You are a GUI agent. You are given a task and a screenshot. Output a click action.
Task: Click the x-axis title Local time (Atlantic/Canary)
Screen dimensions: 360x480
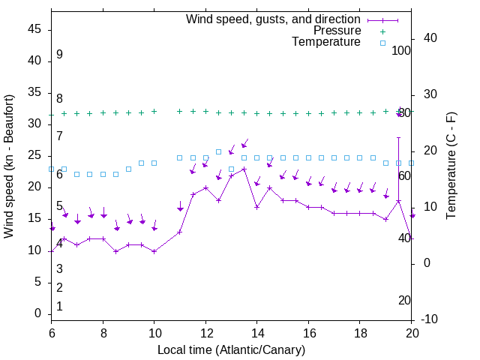231,349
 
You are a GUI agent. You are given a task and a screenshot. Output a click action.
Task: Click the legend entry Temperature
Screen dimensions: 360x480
326,43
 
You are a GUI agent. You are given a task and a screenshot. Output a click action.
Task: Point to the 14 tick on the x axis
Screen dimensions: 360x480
257,332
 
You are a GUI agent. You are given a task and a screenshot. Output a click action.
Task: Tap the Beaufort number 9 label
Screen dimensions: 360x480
59,55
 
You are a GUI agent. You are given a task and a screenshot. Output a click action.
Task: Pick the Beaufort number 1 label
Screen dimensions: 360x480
59,306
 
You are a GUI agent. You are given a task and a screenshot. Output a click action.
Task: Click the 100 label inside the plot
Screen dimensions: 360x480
402,50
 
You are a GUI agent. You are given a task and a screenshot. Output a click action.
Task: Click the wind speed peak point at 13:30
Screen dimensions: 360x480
244,169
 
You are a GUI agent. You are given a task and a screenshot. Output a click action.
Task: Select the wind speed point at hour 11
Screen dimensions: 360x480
180,232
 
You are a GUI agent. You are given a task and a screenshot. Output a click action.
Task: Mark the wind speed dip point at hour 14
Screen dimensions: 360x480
256,207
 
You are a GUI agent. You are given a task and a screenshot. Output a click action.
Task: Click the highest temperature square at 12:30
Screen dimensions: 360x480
218,151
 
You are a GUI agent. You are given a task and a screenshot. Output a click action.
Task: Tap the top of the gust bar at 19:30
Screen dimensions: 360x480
399,138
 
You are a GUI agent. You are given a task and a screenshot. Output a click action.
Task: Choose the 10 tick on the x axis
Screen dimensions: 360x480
154,332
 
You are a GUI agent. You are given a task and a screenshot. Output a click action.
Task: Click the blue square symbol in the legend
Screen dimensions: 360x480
382,43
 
